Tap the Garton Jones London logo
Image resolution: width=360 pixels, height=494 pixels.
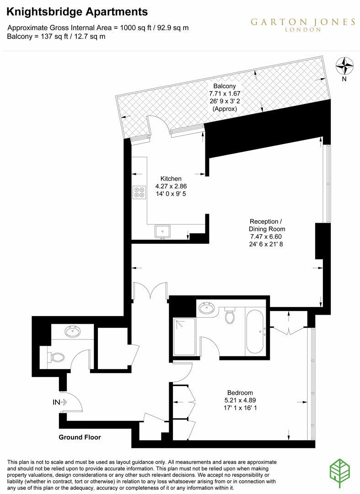click(x=302, y=24)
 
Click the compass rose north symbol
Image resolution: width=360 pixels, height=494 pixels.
click(x=344, y=66)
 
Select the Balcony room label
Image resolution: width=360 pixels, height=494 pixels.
click(x=224, y=86)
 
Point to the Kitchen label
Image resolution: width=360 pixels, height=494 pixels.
click(x=171, y=178)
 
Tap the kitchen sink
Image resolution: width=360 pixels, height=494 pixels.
click(x=162, y=231)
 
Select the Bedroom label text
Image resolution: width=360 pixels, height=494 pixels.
click(x=240, y=392)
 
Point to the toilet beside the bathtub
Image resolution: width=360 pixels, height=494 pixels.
click(x=230, y=315)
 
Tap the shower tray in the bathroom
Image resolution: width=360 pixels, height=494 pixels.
click(x=184, y=335)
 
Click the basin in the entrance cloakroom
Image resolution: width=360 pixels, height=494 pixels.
click(x=72, y=332)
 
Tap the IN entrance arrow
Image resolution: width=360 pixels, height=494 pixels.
click(x=60, y=403)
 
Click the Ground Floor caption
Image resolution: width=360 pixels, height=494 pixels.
click(x=80, y=437)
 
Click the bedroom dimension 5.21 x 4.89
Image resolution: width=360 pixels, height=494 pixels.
click(x=240, y=400)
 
